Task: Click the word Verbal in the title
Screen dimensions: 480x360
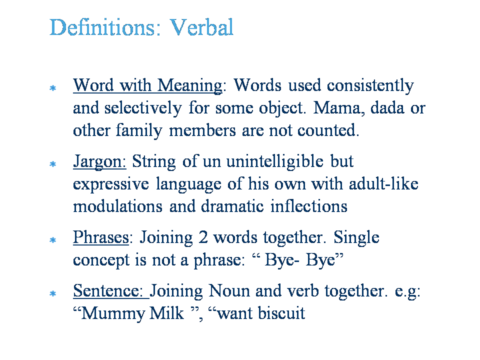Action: pyautogui.click(x=201, y=27)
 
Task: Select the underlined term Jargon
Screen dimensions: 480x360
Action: pyautogui.click(x=99, y=162)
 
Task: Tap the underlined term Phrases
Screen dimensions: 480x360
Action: pyautogui.click(x=101, y=238)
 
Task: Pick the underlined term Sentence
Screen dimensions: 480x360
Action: pyautogui.click(x=108, y=291)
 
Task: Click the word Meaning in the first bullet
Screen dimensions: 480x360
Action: pyautogui.click(x=190, y=86)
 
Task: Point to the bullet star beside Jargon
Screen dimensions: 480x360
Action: pyautogui.click(x=53, y=164)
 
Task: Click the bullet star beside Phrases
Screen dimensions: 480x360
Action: pyautogui.click(x=53, y=240)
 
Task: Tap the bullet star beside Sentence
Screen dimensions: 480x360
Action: pyautogui.click(x=53, y=293)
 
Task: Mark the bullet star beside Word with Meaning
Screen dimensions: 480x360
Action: pyautogui.click(x=53, y=88)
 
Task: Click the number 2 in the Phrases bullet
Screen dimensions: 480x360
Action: pyautogui.click(x=203, y=237)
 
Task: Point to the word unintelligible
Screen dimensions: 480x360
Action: pyautogui.click(x=275, y=161)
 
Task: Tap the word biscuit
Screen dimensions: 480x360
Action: pyautogui.click(x=281, y=313)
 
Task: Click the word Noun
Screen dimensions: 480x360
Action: pyautogui.click(x=229, y=291)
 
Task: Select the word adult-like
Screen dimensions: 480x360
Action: pyautogui.click(x=383, y=184)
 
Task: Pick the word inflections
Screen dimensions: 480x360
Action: pyautogui.click(x=309, y=206)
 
